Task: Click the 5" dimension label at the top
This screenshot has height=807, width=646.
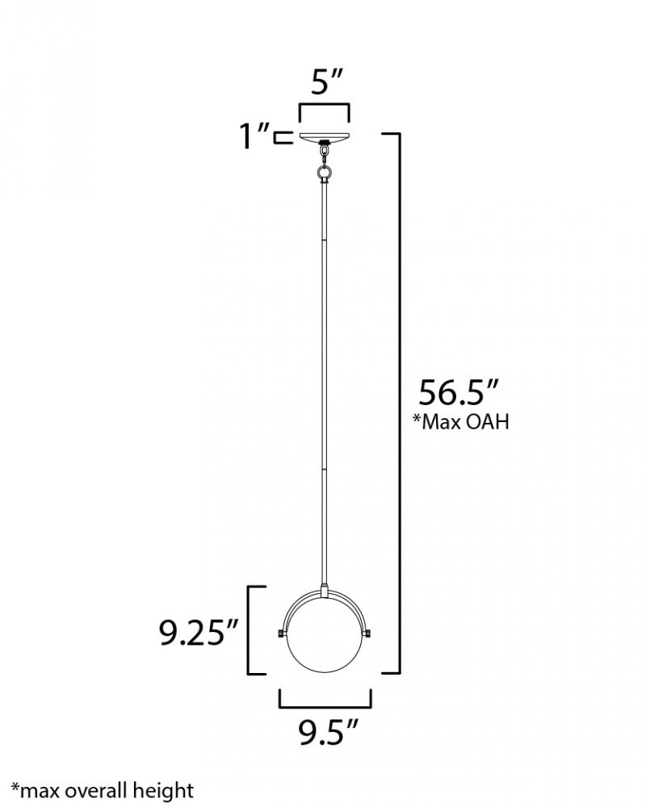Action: pyautogui.click(x=326, y=82)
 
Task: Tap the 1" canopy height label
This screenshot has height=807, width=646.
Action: pyautogui.click(x=254, y=136)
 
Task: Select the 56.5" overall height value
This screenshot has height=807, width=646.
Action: pyautogui.click(x=459, y=393)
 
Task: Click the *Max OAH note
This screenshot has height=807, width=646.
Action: pyautogui.click(x=460, y=421)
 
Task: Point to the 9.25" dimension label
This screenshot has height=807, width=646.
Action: pyautogui.click(x=199, y=632)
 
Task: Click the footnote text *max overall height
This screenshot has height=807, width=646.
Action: pyautogui.click(x=103, y=791)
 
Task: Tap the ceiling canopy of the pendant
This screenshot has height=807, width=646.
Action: pyautogui.click(x=325, y=136)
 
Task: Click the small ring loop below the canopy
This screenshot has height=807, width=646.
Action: pyautogui.click(x=325, y=171)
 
